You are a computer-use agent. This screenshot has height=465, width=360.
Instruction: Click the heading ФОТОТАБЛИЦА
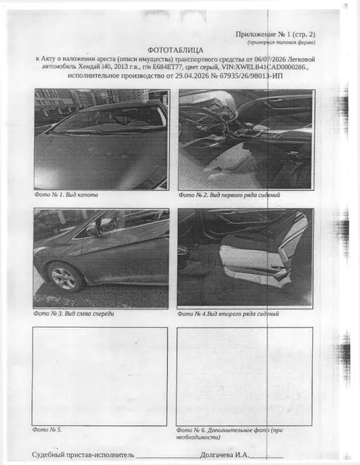click(176, 50)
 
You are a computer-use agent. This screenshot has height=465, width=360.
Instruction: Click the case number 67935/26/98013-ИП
click(251, 76)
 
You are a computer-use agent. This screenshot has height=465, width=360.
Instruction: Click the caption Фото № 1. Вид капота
click(66, 195)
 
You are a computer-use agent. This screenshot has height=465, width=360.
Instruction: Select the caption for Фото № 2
click(229, 195)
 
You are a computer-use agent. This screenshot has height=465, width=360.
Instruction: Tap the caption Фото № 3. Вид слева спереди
click(73, 313)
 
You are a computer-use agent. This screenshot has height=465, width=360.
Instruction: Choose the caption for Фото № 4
click(228, 314)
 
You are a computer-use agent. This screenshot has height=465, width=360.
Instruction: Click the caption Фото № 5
click(47, 429)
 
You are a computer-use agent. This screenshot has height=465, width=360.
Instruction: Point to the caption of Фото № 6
click(229, 433)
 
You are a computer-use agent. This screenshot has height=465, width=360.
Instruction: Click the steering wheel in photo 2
click(205, 128)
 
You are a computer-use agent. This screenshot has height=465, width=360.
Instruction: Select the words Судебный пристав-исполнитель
click(83, 455)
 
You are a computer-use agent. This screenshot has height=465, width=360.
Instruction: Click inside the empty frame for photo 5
click(100, 376)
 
